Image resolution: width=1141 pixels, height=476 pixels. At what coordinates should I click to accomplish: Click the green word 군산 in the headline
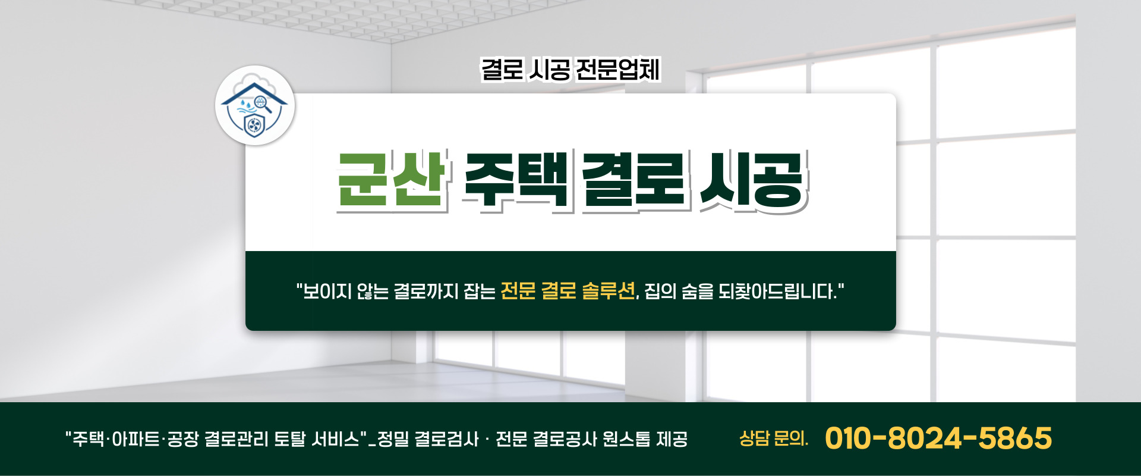pos(391,180)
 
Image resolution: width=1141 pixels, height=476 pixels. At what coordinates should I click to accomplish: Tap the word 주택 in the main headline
pos(516,180)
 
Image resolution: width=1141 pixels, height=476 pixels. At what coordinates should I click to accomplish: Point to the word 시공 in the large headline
pos(752,180)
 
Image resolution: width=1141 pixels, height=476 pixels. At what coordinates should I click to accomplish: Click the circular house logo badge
pos(255,106)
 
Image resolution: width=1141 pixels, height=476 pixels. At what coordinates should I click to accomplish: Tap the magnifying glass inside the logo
pos(264,105)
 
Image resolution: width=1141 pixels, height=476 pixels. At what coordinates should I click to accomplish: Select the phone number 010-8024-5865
pos(938,439)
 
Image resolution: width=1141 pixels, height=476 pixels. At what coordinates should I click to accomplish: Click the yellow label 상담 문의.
pos(773,439)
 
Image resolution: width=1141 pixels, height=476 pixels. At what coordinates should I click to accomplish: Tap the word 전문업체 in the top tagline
pos(618,70)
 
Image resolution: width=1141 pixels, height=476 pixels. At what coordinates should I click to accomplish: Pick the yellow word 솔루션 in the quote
pos(608,291)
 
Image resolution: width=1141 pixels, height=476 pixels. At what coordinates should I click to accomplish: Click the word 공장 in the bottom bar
pos(182,439)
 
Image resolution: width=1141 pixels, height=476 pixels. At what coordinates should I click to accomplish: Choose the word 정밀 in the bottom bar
pos(393,439)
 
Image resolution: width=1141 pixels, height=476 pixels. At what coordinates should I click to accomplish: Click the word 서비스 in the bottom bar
pos(335,439)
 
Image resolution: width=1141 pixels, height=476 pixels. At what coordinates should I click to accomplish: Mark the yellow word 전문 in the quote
pos(518,291)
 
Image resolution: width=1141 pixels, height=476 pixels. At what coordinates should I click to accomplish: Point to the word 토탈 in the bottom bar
pos(289,439)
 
